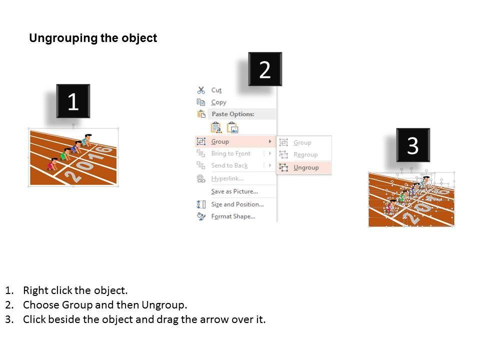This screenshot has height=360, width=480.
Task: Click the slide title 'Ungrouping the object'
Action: [93, 38]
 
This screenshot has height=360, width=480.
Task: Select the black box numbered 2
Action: [265, 70]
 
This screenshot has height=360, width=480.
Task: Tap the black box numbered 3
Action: [412, 145]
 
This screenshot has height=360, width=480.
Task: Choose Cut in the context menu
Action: [216, 90]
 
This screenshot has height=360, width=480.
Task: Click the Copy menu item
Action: [218, 102]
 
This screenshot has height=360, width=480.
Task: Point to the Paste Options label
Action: [232, 114]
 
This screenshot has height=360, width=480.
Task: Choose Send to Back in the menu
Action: [229, 165]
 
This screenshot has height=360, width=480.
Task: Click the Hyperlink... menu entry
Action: [227, 178]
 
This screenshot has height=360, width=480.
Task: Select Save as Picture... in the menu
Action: [234, 191]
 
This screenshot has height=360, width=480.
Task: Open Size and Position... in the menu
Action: [237, 204]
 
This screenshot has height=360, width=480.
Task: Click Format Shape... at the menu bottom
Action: [233, 216]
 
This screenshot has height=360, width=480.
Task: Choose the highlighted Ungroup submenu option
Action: [305, 167]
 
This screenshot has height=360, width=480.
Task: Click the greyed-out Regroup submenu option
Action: [305, 155]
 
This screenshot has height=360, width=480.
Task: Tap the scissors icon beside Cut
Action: [201, 90]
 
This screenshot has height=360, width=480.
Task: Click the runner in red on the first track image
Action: [52, 164]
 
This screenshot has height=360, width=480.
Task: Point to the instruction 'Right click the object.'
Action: [75, 290]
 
